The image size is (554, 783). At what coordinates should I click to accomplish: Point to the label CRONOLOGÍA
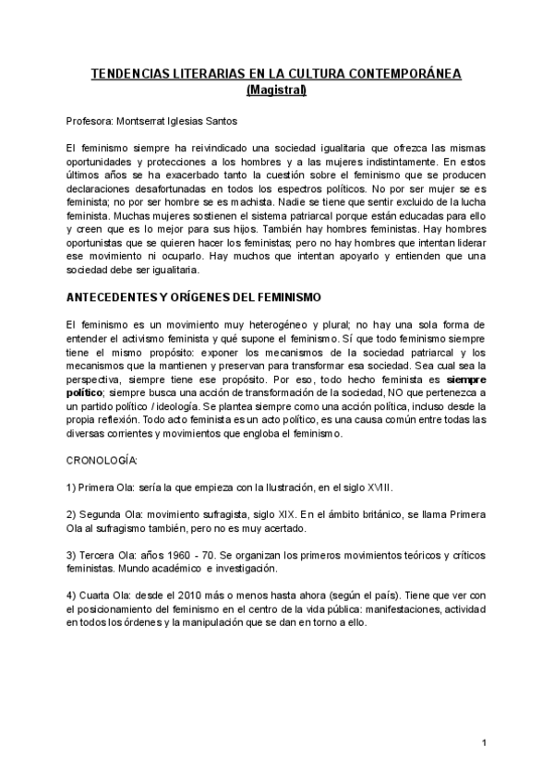102,460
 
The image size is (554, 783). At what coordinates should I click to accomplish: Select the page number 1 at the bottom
484,743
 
